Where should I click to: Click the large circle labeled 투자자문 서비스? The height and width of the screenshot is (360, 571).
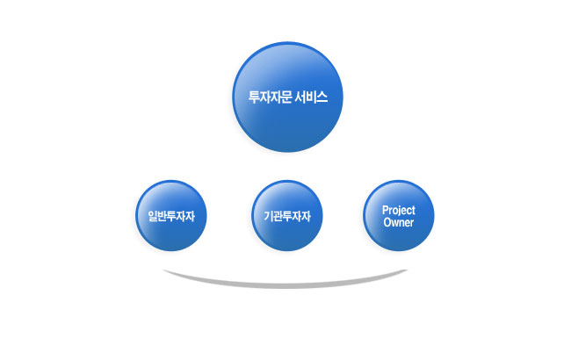click(287, 97)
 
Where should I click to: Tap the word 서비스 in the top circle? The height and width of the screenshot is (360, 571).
click(311, 97)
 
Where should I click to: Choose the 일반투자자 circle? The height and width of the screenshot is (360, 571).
click(171, 215)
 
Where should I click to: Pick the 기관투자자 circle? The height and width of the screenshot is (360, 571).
click(287, 215)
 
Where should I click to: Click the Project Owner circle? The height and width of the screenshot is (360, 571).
click(399, 215)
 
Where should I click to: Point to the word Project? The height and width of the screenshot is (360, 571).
click(399, 211)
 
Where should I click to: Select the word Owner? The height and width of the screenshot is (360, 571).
click(399, 222)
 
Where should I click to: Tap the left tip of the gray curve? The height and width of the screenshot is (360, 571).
click(163, 270)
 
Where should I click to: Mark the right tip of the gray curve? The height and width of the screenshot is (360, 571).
click(407, 270)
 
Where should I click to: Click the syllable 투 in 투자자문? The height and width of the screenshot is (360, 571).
click(254, 97)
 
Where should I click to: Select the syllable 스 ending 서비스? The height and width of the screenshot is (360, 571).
click(322, 97)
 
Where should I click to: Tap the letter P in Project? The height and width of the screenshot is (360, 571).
click(385, 210)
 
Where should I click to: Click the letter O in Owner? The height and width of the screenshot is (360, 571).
click(387, 222)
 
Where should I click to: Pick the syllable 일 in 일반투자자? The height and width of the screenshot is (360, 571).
click(153, 216)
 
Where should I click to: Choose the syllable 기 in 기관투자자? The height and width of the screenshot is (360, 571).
click(269, 216)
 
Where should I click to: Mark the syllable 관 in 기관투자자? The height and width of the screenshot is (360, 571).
click(278, 216)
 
